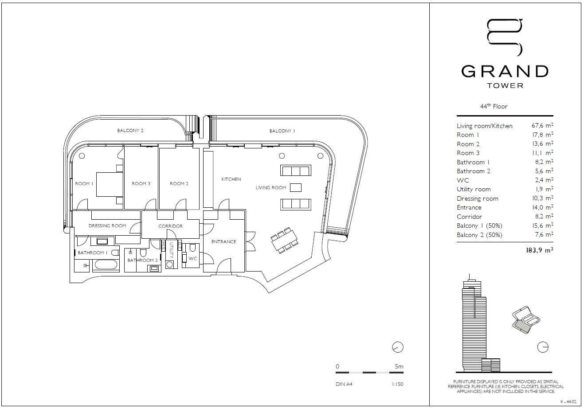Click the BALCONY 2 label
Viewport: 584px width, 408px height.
[130, 131]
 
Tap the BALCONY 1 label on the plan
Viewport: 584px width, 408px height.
[282, 131]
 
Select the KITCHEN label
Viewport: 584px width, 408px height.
[231, 179]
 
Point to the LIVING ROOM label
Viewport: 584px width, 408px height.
[270, 188]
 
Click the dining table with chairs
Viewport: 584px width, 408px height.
[283, 241]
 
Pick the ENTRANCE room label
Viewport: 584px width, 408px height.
[223, 242]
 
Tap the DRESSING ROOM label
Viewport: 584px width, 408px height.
[107, 226]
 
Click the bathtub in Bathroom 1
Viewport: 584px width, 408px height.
[106, 265]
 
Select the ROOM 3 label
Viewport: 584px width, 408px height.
[141, 184]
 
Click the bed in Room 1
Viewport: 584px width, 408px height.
[109, 184]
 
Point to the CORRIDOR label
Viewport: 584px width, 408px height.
[170, 226]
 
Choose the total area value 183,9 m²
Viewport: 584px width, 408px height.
[539, 250]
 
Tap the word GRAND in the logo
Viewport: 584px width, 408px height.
[505, 71]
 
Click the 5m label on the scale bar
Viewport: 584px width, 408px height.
[399, 366]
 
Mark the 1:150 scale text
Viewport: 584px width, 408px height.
[397, 384]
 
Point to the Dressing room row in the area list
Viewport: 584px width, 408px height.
[478, 199]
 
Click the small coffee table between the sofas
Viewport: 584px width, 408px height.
[295, 188]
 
